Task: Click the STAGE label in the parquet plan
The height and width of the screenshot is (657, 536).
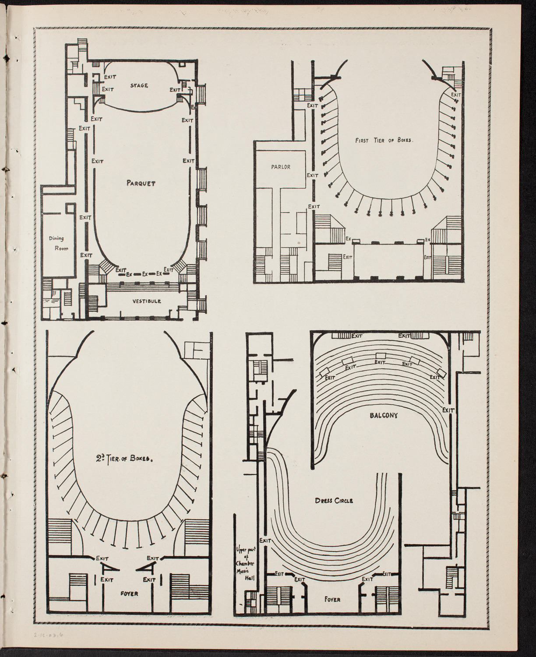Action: click(x=139, y=85)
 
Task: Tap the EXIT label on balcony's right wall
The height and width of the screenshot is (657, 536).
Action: click(x=448, y=410)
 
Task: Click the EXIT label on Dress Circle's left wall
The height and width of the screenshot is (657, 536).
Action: click(x=264, y=540)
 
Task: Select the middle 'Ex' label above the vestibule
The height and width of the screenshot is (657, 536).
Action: click(x=144, y=274)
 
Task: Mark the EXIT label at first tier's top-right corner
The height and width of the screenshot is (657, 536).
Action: click(x=456, y=94)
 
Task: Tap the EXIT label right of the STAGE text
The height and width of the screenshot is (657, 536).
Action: click(x=175, y=90)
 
